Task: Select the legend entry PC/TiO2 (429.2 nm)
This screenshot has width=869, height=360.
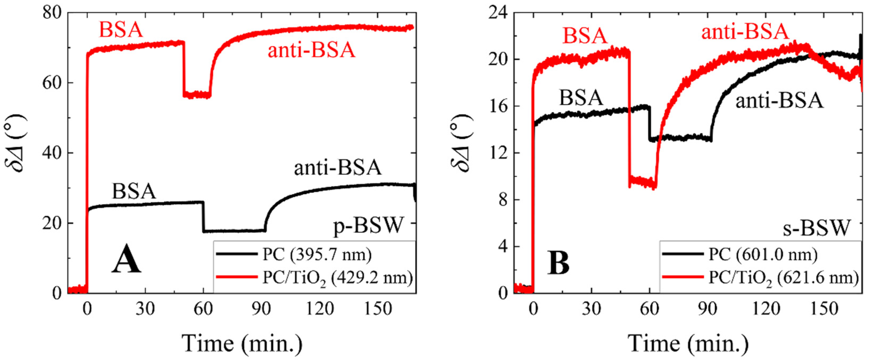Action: point(337,279)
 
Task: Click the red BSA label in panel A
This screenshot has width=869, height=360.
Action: point(121,30)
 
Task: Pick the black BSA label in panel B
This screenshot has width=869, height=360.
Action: point(581,98)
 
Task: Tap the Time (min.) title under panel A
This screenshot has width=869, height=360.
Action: point(242,344)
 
